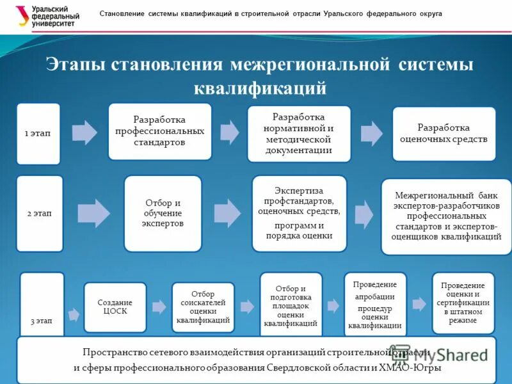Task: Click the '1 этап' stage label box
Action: pyautogui.click(x=38, y=133)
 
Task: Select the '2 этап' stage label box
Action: pyautogui.click(x=40, y=213)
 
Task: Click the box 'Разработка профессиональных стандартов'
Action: pyautogui.click(x=159, y=131)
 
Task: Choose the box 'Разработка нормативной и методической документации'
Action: pyautogui.click(x=299, y=134)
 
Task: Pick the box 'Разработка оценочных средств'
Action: pyautogui.click(x=444, y=133)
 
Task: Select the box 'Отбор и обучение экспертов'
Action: pyautogui.click(x=163, y=213)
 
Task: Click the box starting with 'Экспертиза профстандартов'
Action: pyautogui.click(x=299, y=213)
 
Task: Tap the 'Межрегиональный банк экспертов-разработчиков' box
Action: pyautogui.click(x=447, y=216)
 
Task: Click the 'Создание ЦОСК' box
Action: pyautogui.click(x=115, y=307)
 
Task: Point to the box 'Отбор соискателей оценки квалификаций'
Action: pyautogui.click(x=203, y=307)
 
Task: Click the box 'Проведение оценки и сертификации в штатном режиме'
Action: pyautogui.click(x=463, y=303)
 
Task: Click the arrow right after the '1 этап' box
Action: pyautogui.click(x=84, y=132)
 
